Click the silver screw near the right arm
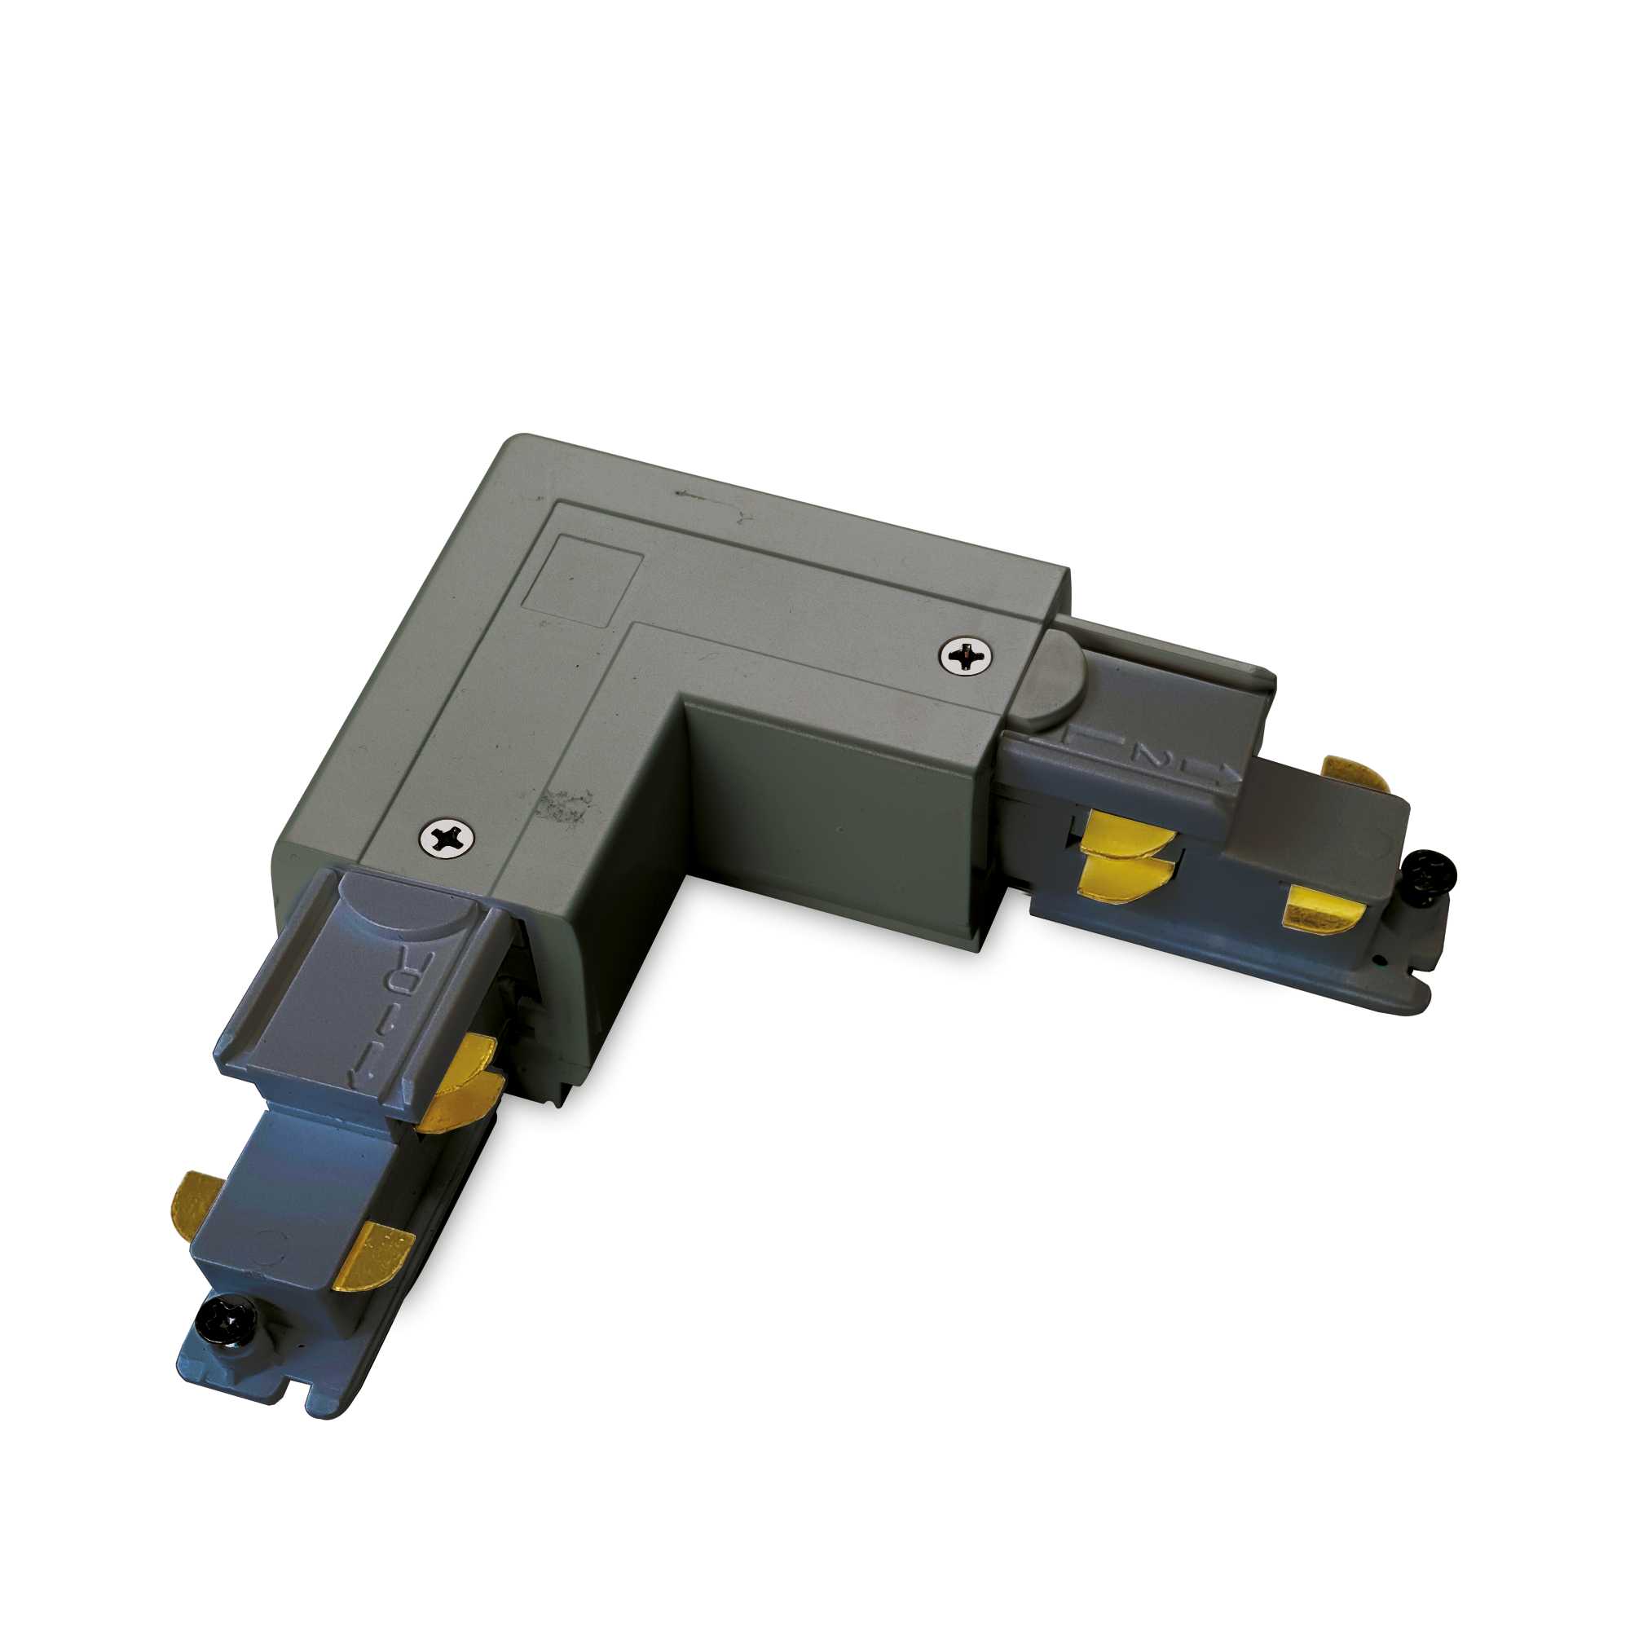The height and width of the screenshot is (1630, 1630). [967, 654]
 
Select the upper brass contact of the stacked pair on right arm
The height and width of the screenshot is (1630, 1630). [1126, 835]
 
